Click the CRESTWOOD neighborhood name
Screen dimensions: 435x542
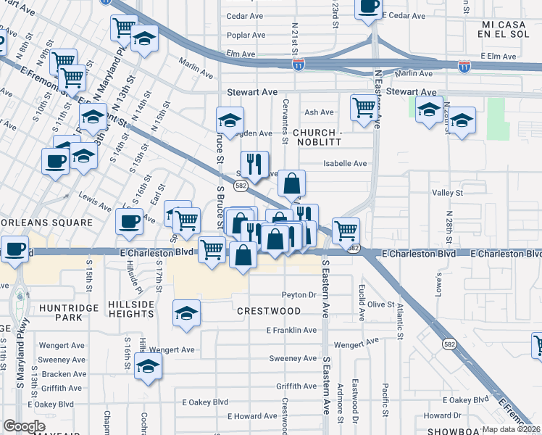269,311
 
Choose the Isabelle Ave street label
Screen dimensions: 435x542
345,164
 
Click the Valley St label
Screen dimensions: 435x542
447,193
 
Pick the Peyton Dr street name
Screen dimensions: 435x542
299,295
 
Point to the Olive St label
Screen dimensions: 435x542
380,304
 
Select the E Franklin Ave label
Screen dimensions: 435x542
291,330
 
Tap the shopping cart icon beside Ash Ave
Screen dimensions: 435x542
364,108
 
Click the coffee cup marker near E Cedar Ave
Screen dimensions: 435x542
368,7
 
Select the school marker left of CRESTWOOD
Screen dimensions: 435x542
186,313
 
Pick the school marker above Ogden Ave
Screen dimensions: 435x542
230,120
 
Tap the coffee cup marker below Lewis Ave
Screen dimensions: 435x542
130,221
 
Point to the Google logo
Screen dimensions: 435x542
25,426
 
